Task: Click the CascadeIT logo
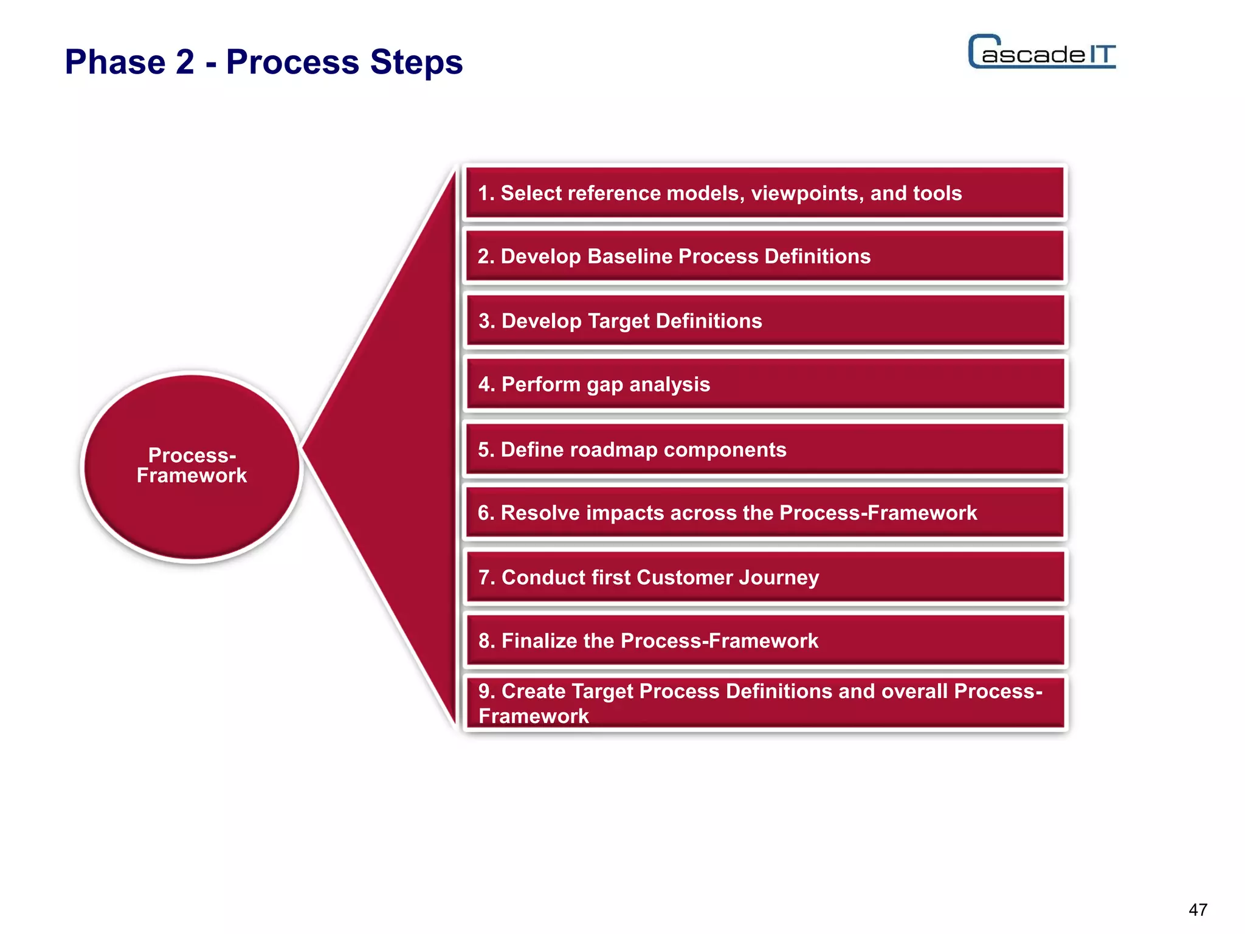pyautogui.click(x=1042, y=52)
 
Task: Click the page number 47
pyautogui.click(x=1198, y=910)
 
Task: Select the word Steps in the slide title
pyautogui.click(x=416, y=62)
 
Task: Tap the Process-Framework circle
pyautogui.click(x=192, y=466)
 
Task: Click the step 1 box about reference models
pyautogui.click(x=765, y=193)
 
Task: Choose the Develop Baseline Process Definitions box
pyautogui.click(x=765, y=257)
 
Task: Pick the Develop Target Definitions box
pyautogui.click(x=765, y=321)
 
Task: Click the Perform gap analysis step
pyautogui.click(x=765, y=384)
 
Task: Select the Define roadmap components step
pyautogui.click(x=765, y=449)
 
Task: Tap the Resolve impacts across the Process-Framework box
pyautogui.click(x=765, y=513)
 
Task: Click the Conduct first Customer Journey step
pyautogui.click(x=765, y=577)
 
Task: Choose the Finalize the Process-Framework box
pyautogui.click(x=765, y=640)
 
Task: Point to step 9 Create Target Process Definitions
pyautogui.click(x=765, y=703)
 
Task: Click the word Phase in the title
pyautogui.click(x=115, y=62)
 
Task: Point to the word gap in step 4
pyautogui.click(x=604, y=386)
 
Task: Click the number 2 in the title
pyautogui.click(x=185, y=62)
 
